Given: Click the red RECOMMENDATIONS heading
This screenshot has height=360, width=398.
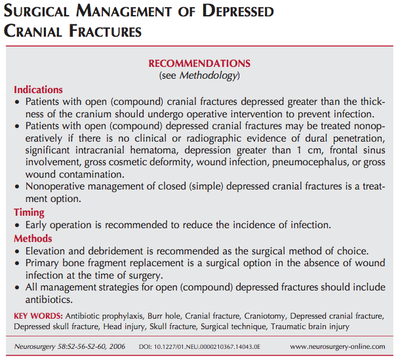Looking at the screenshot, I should pyautogui.click(x=199, y=64).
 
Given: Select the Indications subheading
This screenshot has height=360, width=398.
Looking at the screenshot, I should pyautogui.click(x=38, y=90).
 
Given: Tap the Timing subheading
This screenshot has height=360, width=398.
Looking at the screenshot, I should pyautogui.click(x=30, y=212).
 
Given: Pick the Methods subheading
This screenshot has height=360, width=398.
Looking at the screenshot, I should pyautogui.click(x=33, y=239).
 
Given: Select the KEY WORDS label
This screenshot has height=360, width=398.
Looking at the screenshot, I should pyautogui.click(x=35, y=316).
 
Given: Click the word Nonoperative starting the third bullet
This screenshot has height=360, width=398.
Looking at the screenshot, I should pyautogui.click(x=56, y=186).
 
